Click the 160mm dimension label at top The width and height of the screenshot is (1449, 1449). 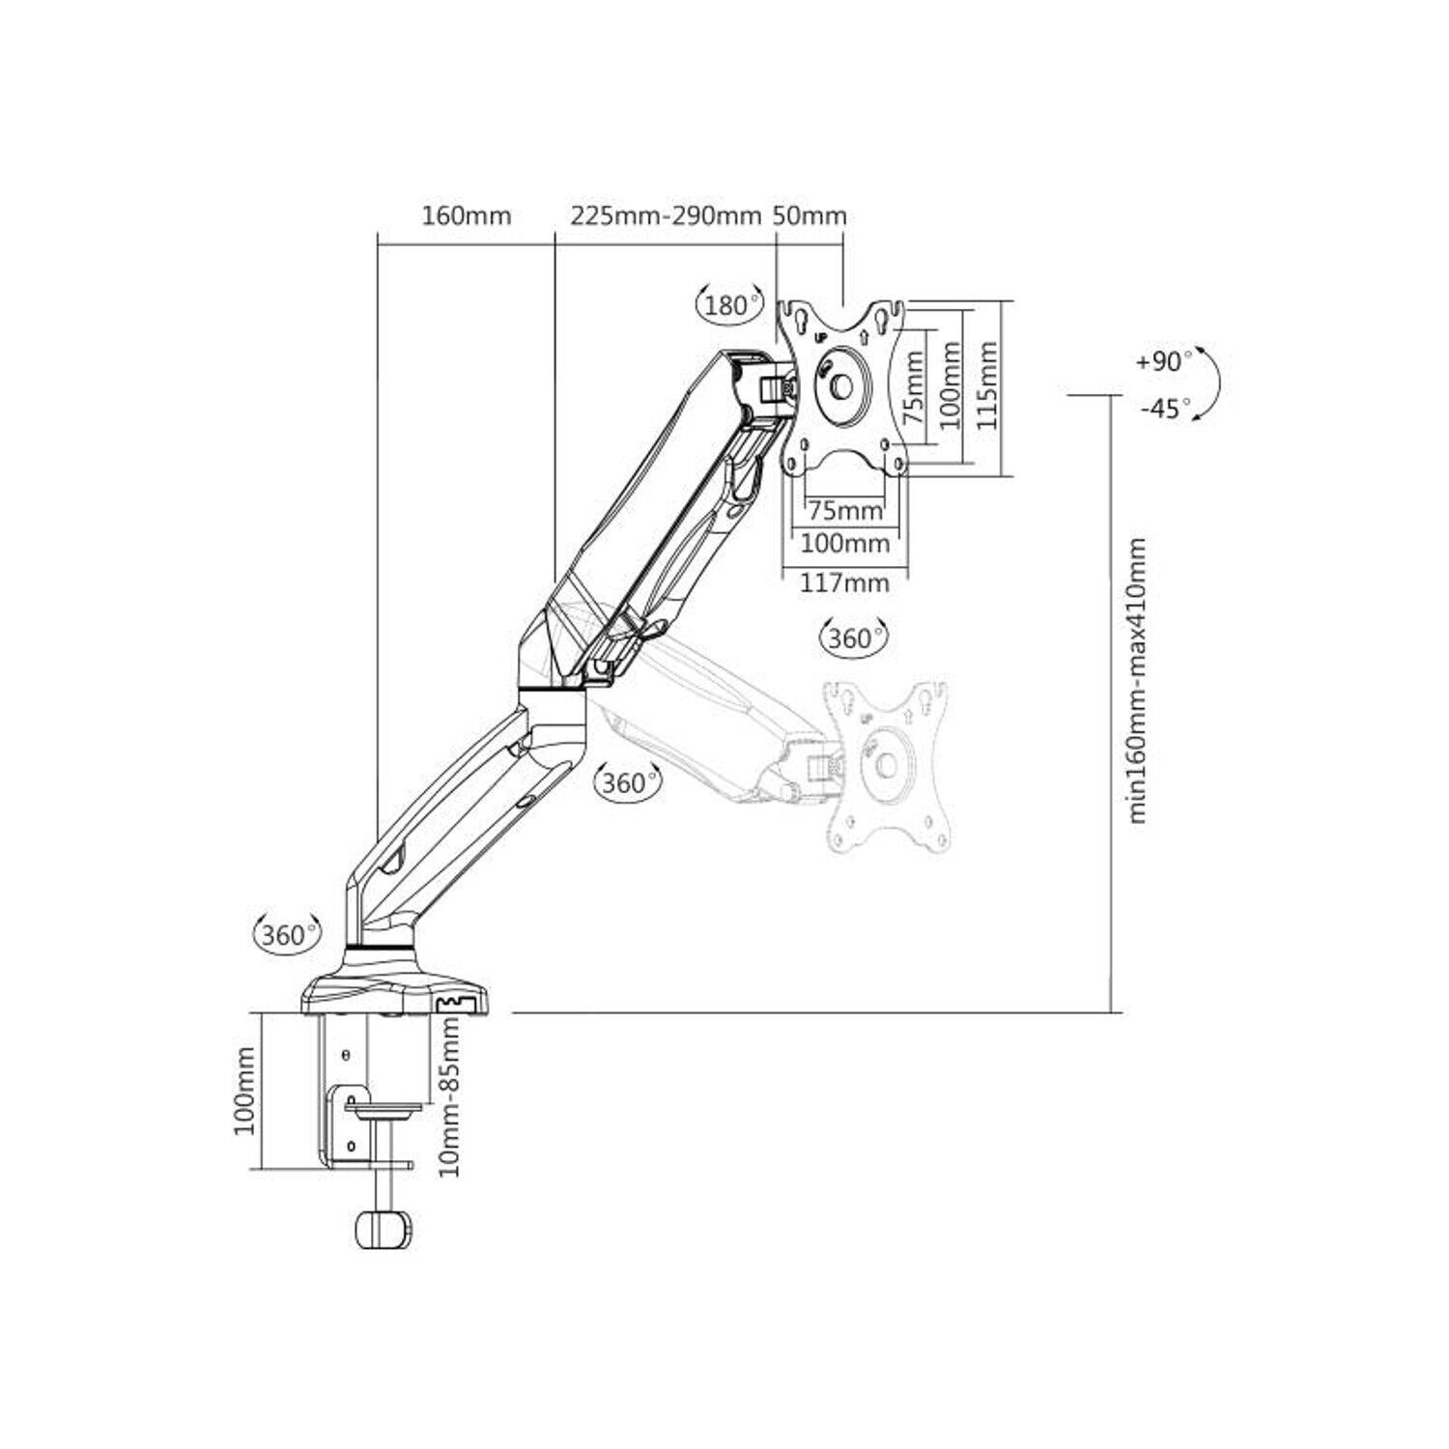(466, 215)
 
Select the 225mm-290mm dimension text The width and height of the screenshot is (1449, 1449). (667, 215)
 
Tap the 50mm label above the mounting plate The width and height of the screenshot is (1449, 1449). (810, 215)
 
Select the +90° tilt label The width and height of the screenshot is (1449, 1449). (1164, 362)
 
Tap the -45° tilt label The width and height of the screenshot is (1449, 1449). (1166, 410)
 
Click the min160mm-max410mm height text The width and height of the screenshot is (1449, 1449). (1138, 680)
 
